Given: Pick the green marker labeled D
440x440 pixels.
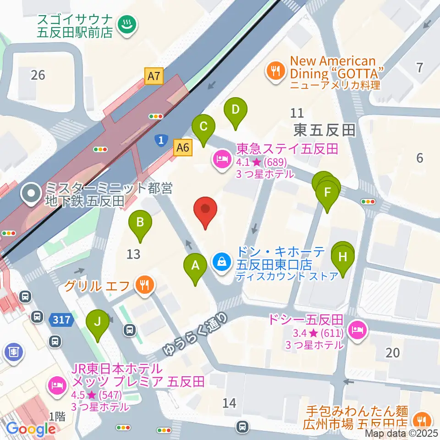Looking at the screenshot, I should (x=235, y=110).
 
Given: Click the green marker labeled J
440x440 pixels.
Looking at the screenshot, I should (x=97, y=322).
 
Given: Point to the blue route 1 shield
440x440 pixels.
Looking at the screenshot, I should (x=160, y=141).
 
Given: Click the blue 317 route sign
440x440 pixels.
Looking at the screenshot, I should (x=61, y=320).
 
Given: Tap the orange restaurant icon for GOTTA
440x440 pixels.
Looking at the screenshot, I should (x=275, y=71).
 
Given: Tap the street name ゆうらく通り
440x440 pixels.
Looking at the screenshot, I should (x=195, y=335).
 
